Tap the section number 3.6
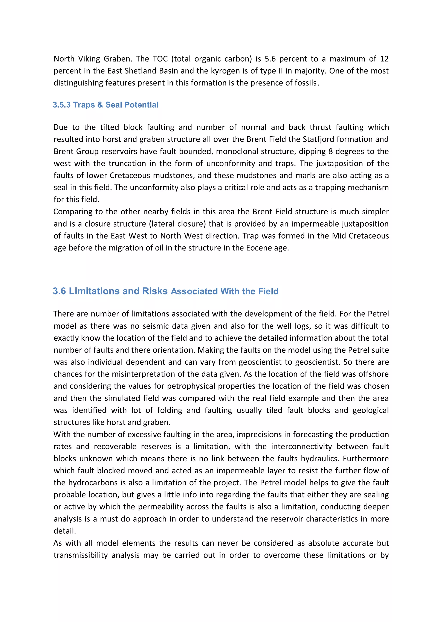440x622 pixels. click(59, 291)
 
